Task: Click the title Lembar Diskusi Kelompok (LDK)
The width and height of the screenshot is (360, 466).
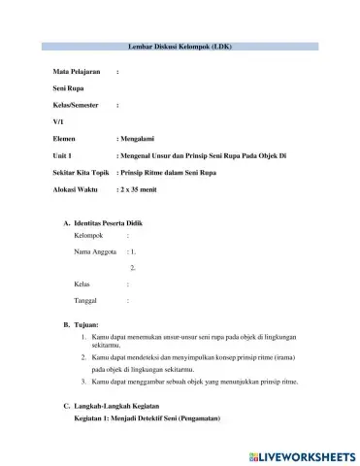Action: pyautogui.click(x=180, y=47)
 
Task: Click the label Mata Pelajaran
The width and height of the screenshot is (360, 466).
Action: pyautogui.click(x=78, y=73)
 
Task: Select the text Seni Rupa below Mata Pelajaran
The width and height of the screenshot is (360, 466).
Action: pyautogui.click(x=68, y=89)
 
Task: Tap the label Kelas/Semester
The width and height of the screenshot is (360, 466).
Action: pyautogui.click(x=77, y=105)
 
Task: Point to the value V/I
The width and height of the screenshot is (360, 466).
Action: pyautogui.click(x=57, y=121)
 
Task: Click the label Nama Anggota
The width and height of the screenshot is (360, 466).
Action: pyautogui.click(x=95, y=251)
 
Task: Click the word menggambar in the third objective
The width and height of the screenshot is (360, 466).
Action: pyautogui.click(x=147, y=382)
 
